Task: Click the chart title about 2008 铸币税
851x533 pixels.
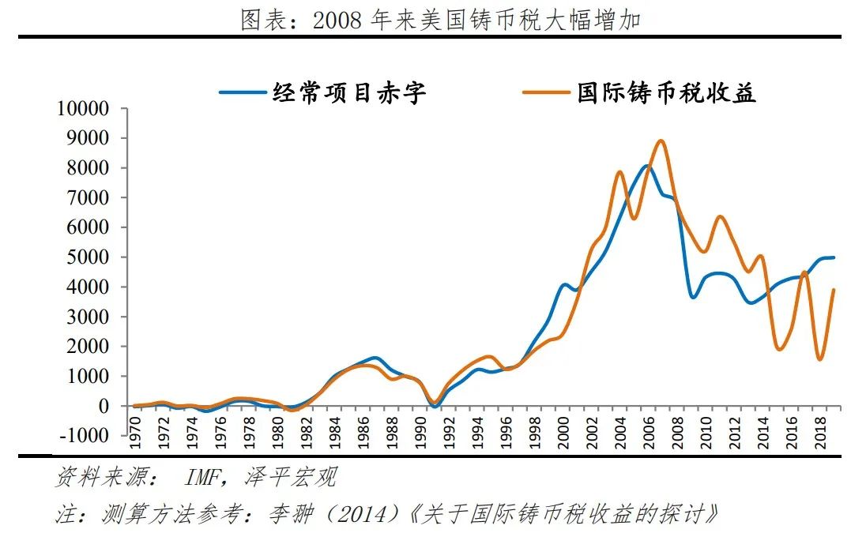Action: coord(439,20)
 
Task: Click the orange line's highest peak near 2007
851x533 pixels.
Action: coord(661,141)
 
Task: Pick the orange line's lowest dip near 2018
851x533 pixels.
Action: coord(819,359)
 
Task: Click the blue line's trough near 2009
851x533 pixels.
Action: coord(692,297)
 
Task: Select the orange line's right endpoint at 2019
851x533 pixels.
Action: coord(834,290)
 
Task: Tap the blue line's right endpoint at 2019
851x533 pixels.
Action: coord(834,257)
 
